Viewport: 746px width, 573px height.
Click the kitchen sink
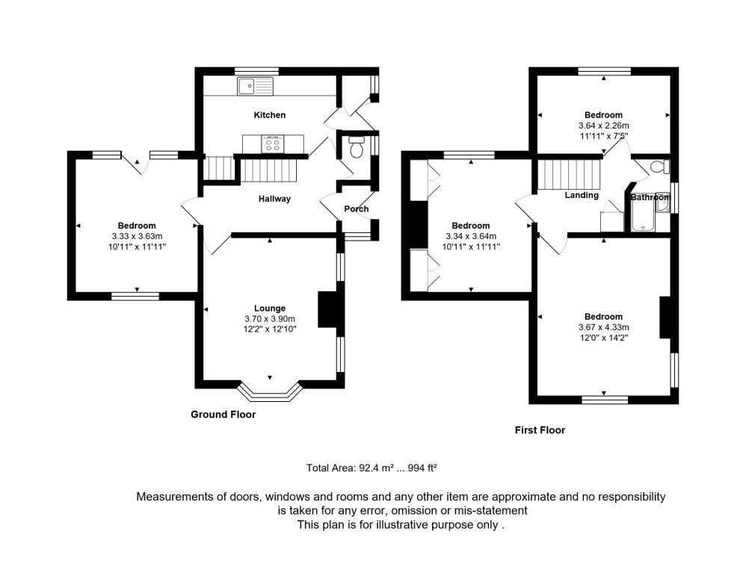255,87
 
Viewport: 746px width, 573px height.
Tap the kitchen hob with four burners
271,143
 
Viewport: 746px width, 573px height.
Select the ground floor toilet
356,148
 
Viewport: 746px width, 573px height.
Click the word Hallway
274,199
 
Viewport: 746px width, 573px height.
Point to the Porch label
356,209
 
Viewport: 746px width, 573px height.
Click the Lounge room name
270,309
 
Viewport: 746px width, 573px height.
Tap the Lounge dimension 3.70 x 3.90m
270,318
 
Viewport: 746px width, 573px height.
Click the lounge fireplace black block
327,309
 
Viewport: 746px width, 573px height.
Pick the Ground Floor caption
223,414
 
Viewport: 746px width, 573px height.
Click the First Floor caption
540,430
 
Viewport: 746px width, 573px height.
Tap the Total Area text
371,468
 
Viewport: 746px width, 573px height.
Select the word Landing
582,196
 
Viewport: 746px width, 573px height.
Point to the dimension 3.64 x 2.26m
603,126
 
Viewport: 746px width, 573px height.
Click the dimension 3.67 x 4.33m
603,326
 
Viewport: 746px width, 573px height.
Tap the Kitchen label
270,115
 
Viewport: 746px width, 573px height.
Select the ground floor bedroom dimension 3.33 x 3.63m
136,235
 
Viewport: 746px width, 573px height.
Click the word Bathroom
650,198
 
